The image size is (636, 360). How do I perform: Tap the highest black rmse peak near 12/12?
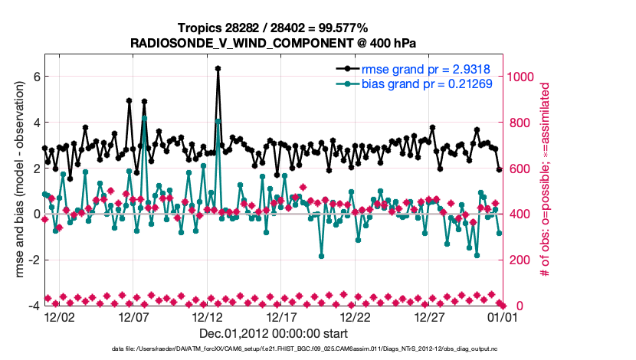(218, 68)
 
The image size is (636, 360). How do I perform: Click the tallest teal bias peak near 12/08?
(144, 118)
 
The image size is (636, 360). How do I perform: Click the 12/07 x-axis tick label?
(133, 316)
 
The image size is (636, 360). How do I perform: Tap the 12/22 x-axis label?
(355, 316)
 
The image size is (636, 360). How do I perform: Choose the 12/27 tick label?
(429, 316)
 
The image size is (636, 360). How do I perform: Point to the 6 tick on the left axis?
(35, 77)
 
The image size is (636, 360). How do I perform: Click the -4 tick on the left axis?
(33, 306)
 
